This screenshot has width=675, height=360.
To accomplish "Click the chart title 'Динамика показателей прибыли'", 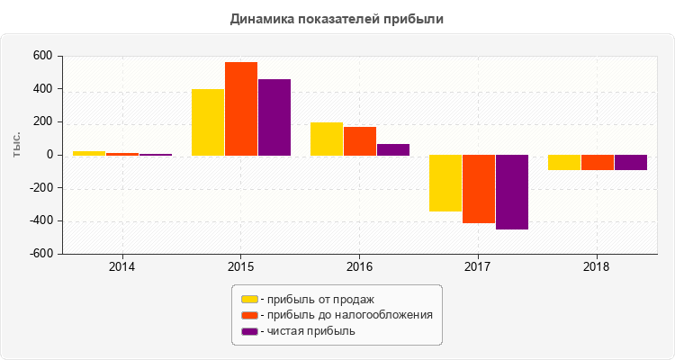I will [337, 18].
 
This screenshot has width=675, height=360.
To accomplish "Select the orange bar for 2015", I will [241, 108].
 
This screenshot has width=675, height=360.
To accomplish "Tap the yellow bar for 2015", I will [208, 121].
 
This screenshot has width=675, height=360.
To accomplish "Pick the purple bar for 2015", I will [274, 117].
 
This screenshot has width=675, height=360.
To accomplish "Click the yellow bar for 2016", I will [327, 139].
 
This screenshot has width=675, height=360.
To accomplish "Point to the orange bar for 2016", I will [360, 141].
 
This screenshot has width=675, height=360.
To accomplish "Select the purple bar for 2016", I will [393, 149].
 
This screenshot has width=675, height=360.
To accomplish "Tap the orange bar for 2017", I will [479, 189].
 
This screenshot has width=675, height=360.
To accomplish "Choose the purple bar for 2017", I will [512, 193].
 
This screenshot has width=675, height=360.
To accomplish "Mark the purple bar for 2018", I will [631, 163].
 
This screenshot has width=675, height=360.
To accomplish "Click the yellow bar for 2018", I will [564, 163].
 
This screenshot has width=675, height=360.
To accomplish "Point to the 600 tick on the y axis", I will [41, 56].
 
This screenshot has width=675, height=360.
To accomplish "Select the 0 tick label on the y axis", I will [47, 155].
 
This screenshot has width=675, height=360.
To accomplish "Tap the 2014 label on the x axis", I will [121, 267].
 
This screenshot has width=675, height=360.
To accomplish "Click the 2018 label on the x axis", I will [597, 267].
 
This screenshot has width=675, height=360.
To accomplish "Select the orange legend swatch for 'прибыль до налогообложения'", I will [249, 315].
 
